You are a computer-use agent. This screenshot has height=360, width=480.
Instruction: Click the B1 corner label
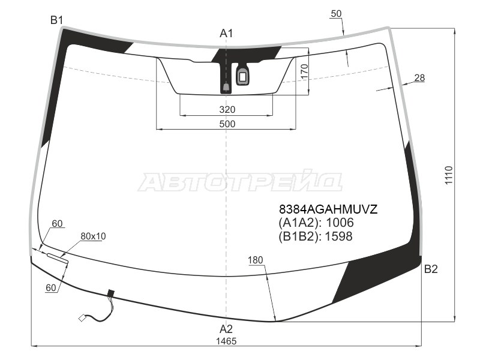click(x=56, y=20)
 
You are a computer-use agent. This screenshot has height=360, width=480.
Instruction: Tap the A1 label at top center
click(x=226, y=34)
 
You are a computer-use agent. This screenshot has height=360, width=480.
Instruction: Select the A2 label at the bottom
click(x=226, y=329)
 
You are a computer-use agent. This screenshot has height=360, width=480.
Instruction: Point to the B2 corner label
click(x=431, y=269)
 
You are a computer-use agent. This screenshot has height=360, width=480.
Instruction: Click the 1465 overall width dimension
click(x=227, y=341)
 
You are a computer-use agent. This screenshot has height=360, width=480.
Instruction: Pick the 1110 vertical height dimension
click(x=449, y=175)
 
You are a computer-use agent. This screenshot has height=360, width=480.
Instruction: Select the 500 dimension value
click(x=227, y=124)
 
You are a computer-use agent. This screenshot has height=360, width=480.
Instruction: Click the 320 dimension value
click(x=227, y=110)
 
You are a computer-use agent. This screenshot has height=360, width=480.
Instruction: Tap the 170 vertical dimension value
click(x=304, y=71)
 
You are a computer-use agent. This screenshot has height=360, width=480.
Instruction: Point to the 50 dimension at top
click(x=336, y=13)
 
